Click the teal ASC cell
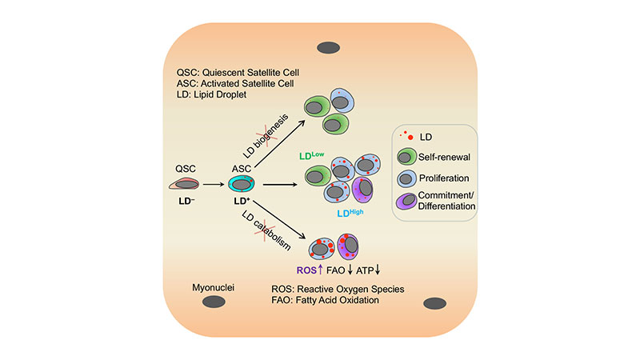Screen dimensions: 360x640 242,185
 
